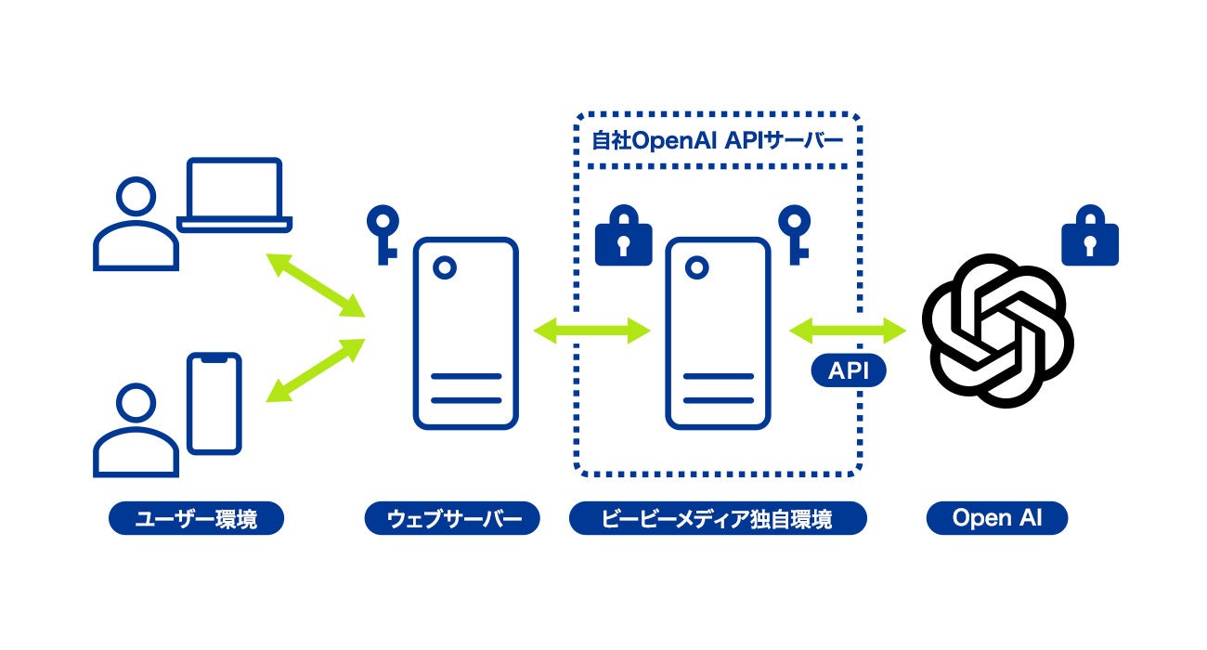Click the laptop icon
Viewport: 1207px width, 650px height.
[235, 195]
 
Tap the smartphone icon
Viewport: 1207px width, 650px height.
[214, 403]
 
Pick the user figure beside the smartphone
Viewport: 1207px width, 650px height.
[136, 433]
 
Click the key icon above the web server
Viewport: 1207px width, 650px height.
[382, 234]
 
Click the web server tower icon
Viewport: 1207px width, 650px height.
[465, 333]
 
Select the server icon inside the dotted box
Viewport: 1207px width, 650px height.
[717, 333]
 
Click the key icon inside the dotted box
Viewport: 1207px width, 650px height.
[794, 234]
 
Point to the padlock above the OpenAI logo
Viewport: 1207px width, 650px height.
[1091, 236]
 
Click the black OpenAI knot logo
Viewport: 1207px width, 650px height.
[997, 331]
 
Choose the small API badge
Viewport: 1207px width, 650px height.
[849, 371]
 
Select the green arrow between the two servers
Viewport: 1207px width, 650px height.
[591, 330]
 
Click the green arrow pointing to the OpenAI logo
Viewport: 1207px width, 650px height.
[847, 329]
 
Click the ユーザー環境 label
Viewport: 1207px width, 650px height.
[196, 519]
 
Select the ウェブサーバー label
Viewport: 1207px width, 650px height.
[451, 519]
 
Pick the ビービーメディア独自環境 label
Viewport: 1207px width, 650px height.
[718, 519]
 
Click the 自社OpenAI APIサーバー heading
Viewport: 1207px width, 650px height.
[718, 141]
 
